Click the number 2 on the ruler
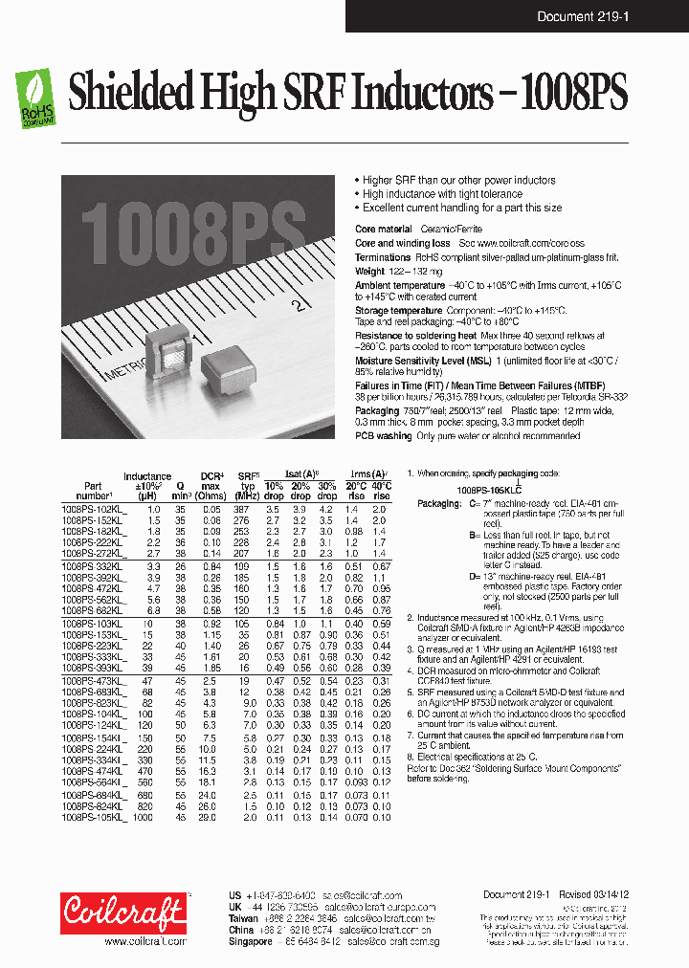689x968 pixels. (299, 305)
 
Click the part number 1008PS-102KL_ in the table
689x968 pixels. (94, 510)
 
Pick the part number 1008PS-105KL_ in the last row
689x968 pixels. (94, 819)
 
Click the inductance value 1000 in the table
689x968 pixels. (143, 819)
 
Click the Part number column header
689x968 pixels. (92, 491)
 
